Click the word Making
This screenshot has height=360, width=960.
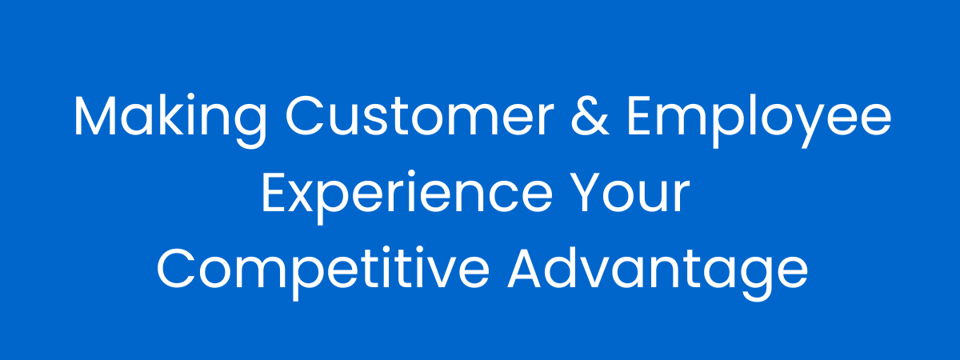tap(170, 120)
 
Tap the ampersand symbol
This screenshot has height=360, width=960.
tap(590, 116)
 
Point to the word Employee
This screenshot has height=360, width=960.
tap(759, 120)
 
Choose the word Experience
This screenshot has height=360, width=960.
tap(407, 196)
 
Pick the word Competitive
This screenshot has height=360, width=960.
tap(323, 273)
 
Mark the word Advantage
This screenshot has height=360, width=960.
tap(658, 273)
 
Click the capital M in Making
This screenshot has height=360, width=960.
tap(95, 116)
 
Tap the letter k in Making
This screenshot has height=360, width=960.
tap(177, 114)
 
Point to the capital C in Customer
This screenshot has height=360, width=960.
tap(304, 116)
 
